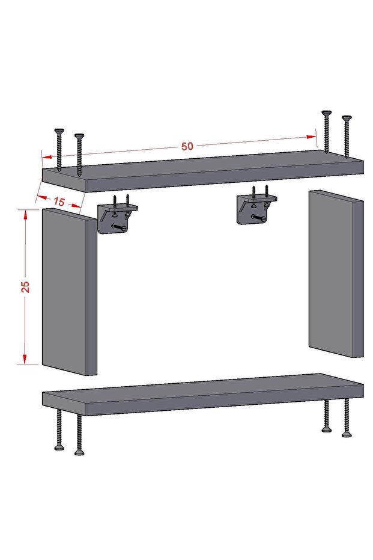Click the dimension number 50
point(187,146)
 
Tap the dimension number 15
point(59,202)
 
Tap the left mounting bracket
point(115,217)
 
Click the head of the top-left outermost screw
point(59,131)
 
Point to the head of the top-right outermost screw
point(345,118)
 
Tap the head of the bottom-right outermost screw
point(346,434)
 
